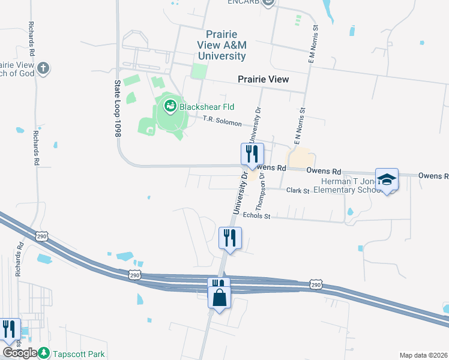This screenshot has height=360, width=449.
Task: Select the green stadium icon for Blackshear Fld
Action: pos(170,107)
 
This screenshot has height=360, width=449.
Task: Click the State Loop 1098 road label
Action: pos(118,110)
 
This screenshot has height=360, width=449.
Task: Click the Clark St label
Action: pos(297,191)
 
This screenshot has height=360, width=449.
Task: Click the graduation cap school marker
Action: pos(387,179)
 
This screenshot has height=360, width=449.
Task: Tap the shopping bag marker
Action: pos(220,298)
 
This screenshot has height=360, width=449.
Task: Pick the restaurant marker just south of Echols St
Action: pos(230,239)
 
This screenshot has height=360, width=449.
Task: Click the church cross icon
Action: pos(43,68)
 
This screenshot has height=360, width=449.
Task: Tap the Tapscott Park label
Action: pos(79,354)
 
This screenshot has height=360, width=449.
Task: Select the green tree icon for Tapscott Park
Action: pos(44,353)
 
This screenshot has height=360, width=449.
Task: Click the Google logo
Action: pos(20,353)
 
